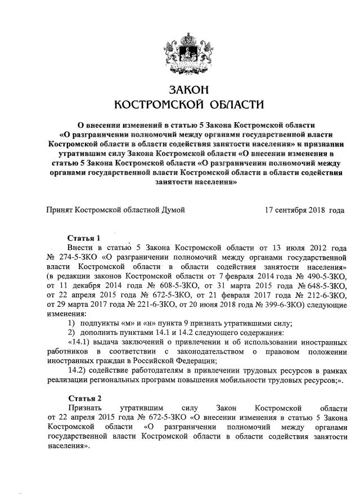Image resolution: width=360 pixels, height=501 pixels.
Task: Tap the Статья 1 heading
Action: click(83, 238)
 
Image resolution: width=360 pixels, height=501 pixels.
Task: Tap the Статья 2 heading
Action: click(83, 398)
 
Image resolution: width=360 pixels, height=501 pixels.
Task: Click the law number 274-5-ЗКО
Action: click(72, 257)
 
